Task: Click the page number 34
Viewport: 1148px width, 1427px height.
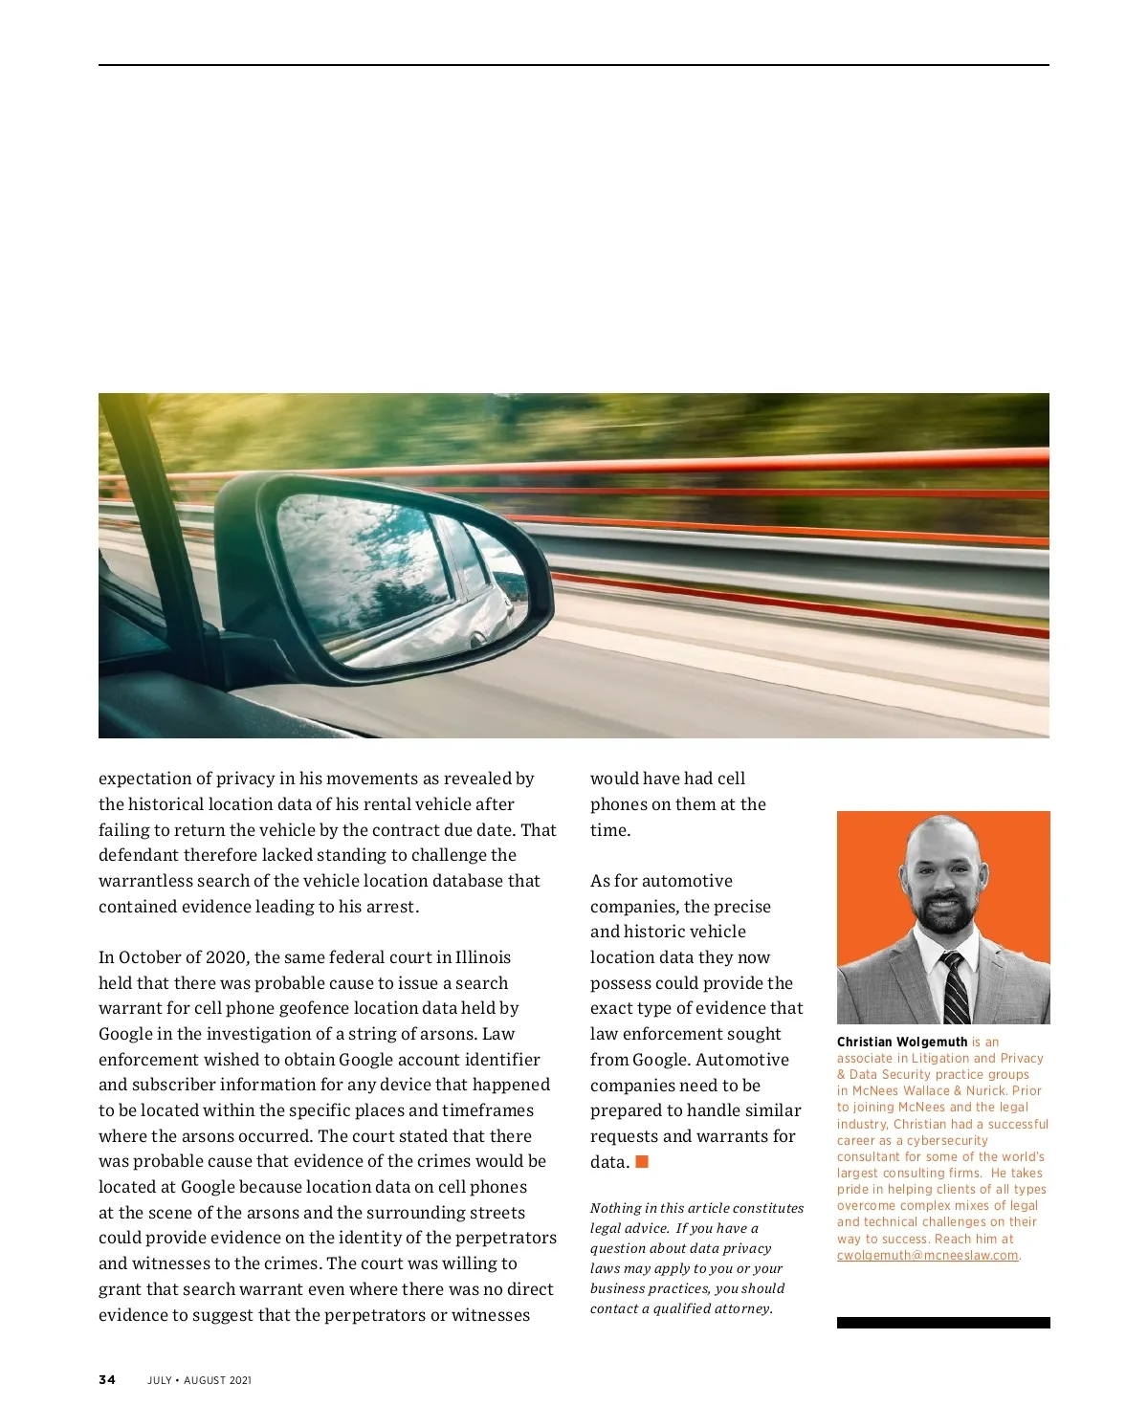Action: tap(107, 1380)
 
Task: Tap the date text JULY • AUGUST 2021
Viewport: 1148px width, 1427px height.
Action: tap(199, 1380)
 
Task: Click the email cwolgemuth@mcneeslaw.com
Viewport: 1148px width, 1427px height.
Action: tap(927, 1256)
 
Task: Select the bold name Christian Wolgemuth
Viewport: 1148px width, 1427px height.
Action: tap(901, 1042)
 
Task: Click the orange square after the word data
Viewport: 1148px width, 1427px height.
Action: tap(642, 1162)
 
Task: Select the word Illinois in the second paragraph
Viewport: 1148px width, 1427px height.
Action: tap(483, 957)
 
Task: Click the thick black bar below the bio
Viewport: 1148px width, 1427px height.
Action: tap(943, 1323)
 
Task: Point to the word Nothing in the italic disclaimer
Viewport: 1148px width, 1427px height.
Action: tap(616, 1208)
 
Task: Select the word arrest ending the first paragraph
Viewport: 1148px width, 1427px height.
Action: tap(391, 907)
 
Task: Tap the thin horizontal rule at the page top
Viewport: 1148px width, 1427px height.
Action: tap(574, 65)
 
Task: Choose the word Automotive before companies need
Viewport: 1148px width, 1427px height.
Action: tap(742, 1060)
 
